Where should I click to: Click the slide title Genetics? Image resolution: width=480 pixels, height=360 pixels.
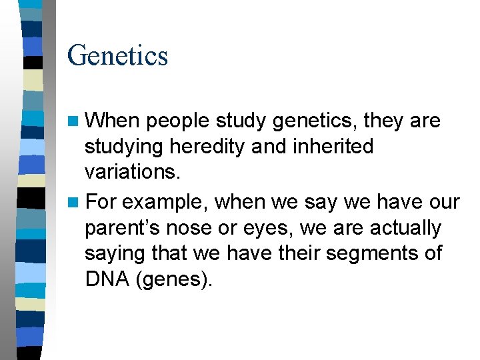pos(117,55)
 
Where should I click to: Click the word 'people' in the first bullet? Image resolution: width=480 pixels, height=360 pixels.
pos(177,121)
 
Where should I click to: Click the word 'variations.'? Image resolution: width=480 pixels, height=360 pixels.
pos(133,172)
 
